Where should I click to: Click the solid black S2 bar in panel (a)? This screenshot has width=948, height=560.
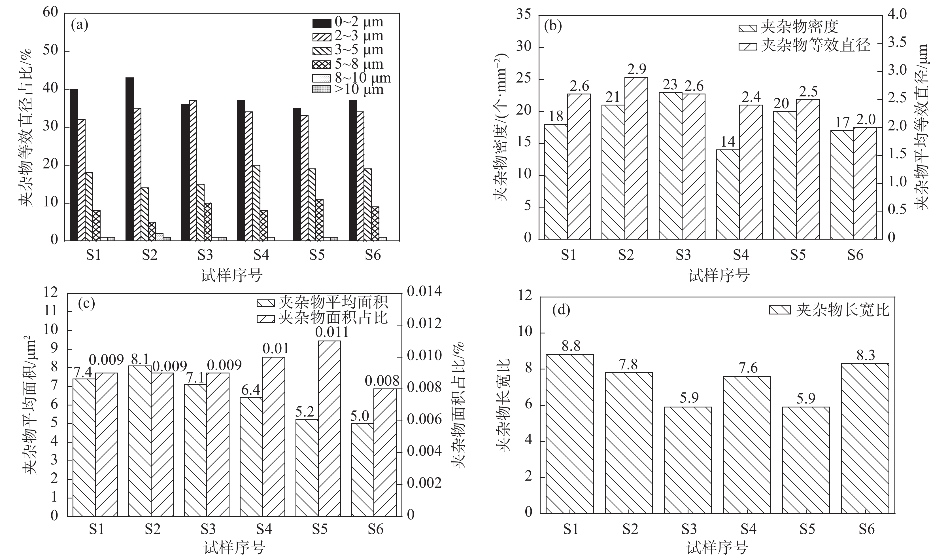[x=130, y=159]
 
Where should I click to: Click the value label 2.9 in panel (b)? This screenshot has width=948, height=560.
[x=637, y=69]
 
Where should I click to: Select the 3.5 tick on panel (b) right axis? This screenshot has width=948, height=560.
[x=897, y=42]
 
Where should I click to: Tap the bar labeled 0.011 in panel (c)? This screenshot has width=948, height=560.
[x=329, y=428]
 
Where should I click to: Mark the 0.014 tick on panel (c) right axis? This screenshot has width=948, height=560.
[x=424, y=292]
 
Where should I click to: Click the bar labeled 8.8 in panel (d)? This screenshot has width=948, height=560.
[x=569, y=434]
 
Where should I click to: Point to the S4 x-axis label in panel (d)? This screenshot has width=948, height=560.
[x=748, y=529]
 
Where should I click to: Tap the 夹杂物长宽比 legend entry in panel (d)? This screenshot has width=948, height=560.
[x=829, y=310]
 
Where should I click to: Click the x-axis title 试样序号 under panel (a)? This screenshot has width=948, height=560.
[x=231, y=276]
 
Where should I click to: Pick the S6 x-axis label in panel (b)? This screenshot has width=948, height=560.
[x=855, y=255]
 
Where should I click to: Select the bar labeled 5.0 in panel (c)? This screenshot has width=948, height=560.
[x=362, y=470]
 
